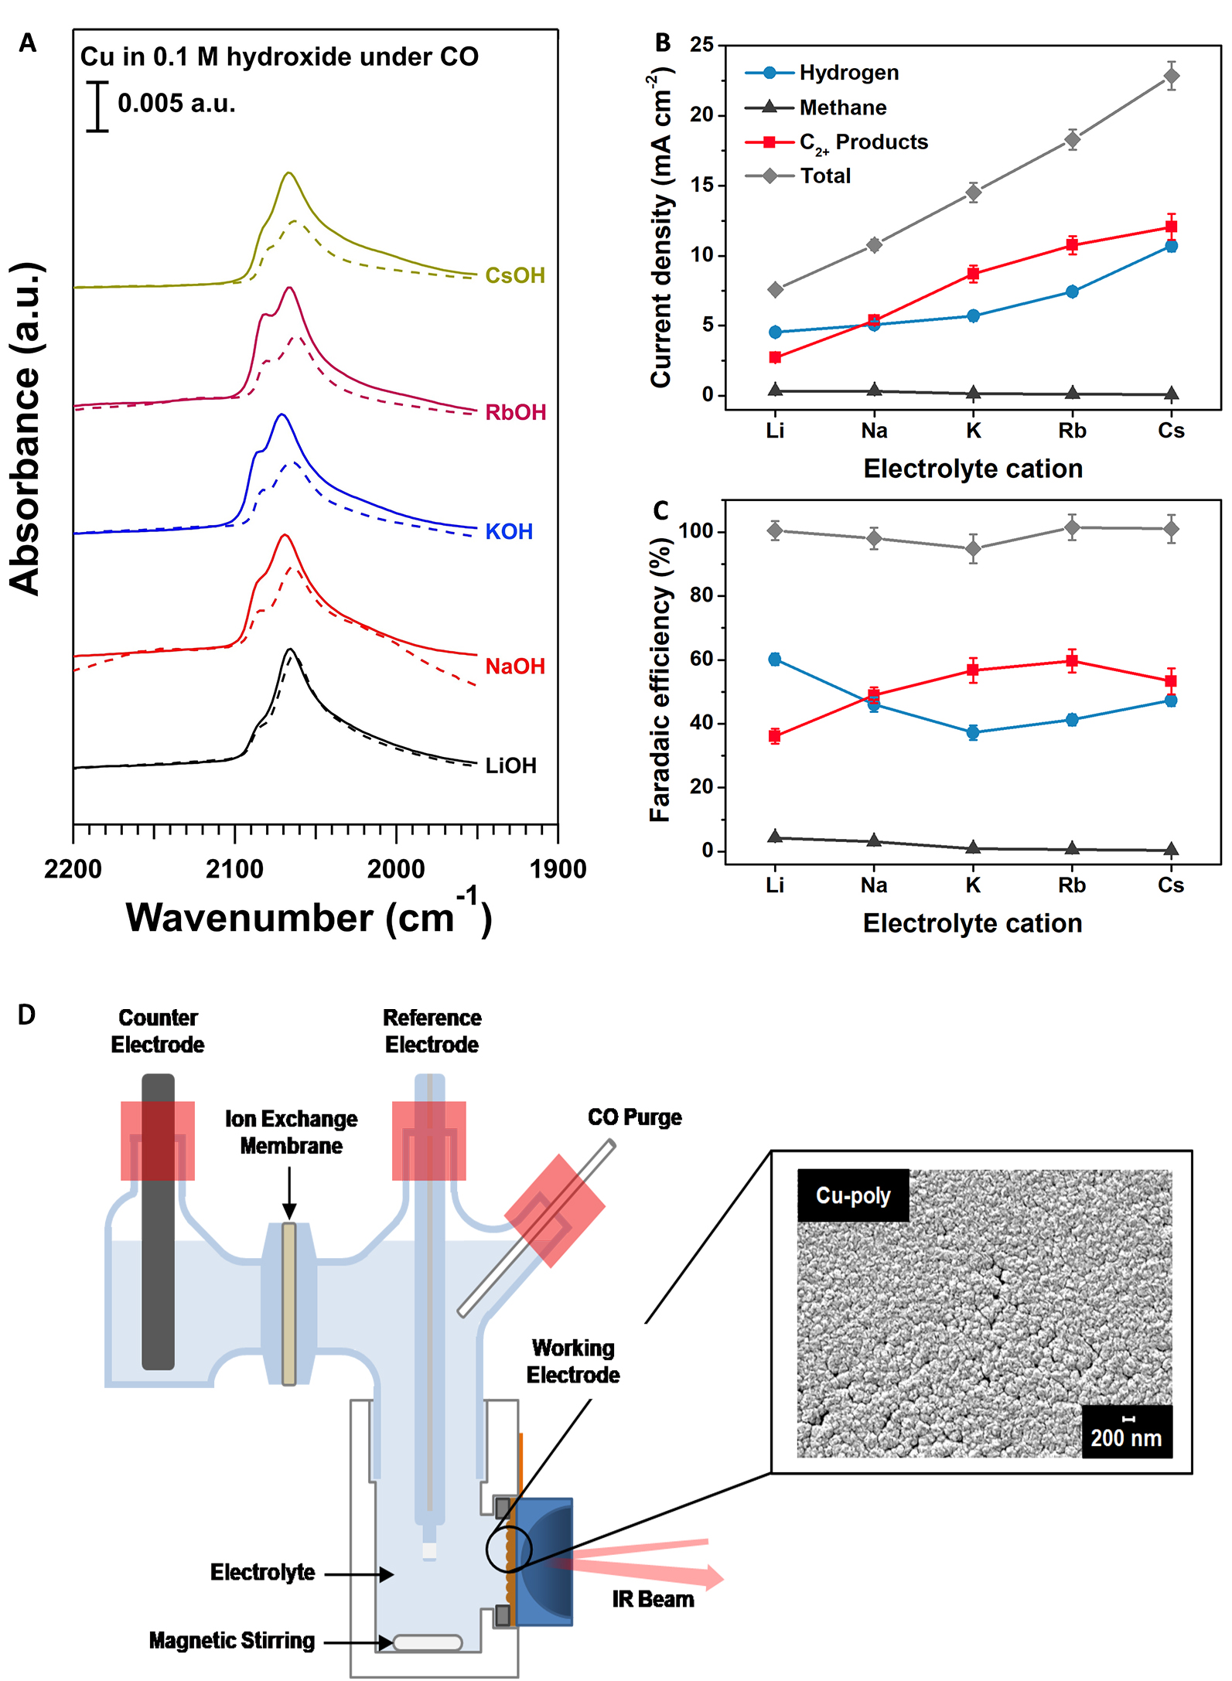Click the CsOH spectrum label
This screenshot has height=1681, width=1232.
pyautogui.click(x=514, y=275)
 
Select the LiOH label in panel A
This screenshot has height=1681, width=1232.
pyautogui.click(x=510, y=765)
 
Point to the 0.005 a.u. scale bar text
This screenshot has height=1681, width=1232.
pyautogui.click(x=176, y=103)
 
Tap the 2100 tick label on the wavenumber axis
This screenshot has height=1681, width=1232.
pyautogui.click(x=234, y=869)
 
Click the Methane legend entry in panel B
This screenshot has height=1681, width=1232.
pyautogui.click(x=842, y=107)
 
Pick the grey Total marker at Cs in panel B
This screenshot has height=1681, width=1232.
pyautogui.click(x=1171, y=76)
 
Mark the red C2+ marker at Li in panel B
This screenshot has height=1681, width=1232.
pyautogui.click(x=775, y=357)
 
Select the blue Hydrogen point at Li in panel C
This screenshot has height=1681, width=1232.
pyautogui.click(x=775, y=659)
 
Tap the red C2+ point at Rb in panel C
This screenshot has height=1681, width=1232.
pyautogui.click(x=1072, y=660)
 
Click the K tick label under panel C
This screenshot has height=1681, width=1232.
pyautogui.click(x=973, y=885)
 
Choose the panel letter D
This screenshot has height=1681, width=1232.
pyautogui.click(x=26, y=1014)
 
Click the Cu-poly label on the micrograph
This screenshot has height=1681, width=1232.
pyautogui.click(x=853, y=1195)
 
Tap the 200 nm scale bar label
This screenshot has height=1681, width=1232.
pyautogui.click(x=1126, y=1438)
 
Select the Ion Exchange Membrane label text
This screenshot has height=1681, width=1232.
pyautogui.click(x=291, y=1132)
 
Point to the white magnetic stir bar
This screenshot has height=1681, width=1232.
pyautogui.click(x=427, y=1642)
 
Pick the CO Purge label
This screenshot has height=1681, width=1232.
pyautogui.click(x=634, y=1117)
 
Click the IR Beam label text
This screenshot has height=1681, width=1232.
pyautogui.click(x=653, y=1599)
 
